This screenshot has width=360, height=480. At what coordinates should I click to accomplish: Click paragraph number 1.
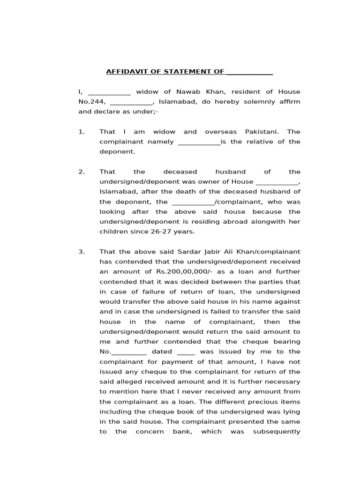click(x=82, y=132)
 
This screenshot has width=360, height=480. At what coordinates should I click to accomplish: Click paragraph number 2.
click(x=82, y=172)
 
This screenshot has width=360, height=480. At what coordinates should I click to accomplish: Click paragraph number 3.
click(x=82, y=252)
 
